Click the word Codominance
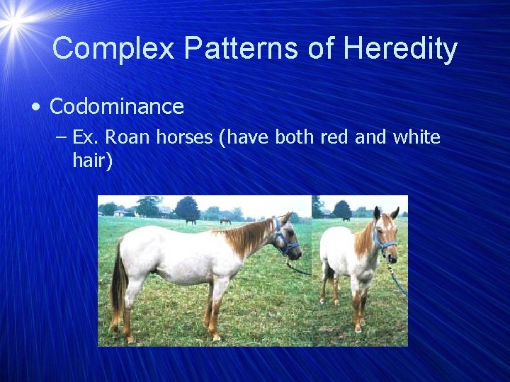pyautogui.click(x=117, y=107)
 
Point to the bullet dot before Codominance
pyautogui.click(x=35, y=108)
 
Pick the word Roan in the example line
pyautogui.click(x=129, y=137)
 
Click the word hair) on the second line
pyautogui.click(x=93, y=161)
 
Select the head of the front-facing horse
pyautogui.click(x=387, y=233)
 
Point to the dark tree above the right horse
pyautogui.click(x=342, y=209)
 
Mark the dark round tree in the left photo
pyautogui.click(x=187, y=207)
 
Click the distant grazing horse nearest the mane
pyautogui.click(x=225, y=221)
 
